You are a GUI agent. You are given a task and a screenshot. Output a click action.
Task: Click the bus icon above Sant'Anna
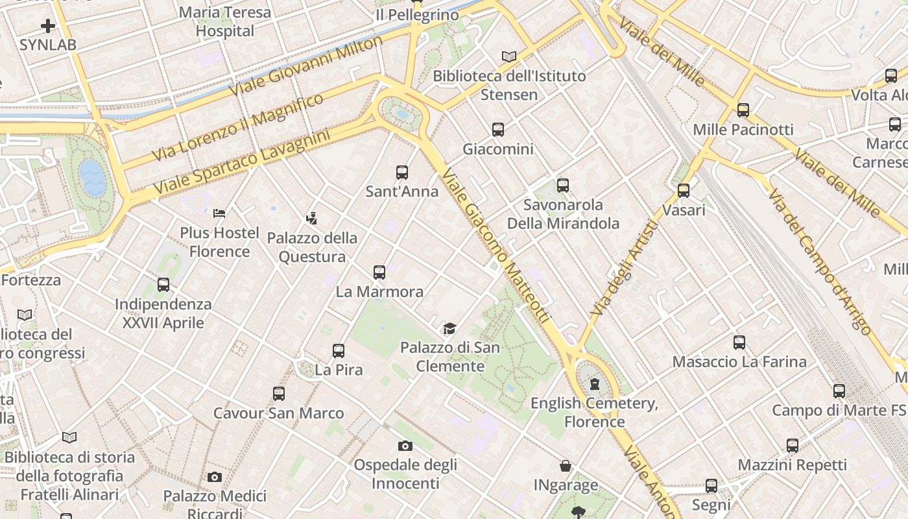point(402,173)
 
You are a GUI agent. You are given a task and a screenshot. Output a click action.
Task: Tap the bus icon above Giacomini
point(498,130)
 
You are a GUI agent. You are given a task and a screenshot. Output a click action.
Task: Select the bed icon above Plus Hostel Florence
point(219,213)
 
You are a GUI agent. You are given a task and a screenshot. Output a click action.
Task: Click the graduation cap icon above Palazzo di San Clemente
point(449,328)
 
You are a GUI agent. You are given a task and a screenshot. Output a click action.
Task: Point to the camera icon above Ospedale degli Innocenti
point(405,446)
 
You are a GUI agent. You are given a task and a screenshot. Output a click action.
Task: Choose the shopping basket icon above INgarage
point(566,466)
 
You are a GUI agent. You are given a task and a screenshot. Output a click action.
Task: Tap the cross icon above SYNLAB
point(48,26)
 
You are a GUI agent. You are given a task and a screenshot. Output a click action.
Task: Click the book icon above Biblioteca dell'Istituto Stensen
point(509,57)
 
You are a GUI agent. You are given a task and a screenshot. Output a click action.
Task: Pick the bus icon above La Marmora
point(379,272)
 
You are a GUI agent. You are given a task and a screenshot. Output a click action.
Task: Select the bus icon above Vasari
point(684,191)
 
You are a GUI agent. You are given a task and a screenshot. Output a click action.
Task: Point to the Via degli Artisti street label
point(625,269)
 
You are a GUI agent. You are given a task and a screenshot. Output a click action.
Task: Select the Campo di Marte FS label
point(838,411)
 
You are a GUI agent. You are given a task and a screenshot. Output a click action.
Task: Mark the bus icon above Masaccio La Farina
point(739,343)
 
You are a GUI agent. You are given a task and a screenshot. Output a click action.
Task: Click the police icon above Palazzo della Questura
point(312,219)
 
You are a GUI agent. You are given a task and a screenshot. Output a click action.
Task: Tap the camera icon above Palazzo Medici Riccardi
point(215,477)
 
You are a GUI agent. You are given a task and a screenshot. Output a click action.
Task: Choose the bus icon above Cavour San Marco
point(279,394)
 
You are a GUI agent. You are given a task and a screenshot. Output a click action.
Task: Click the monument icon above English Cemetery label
point(595,385)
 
